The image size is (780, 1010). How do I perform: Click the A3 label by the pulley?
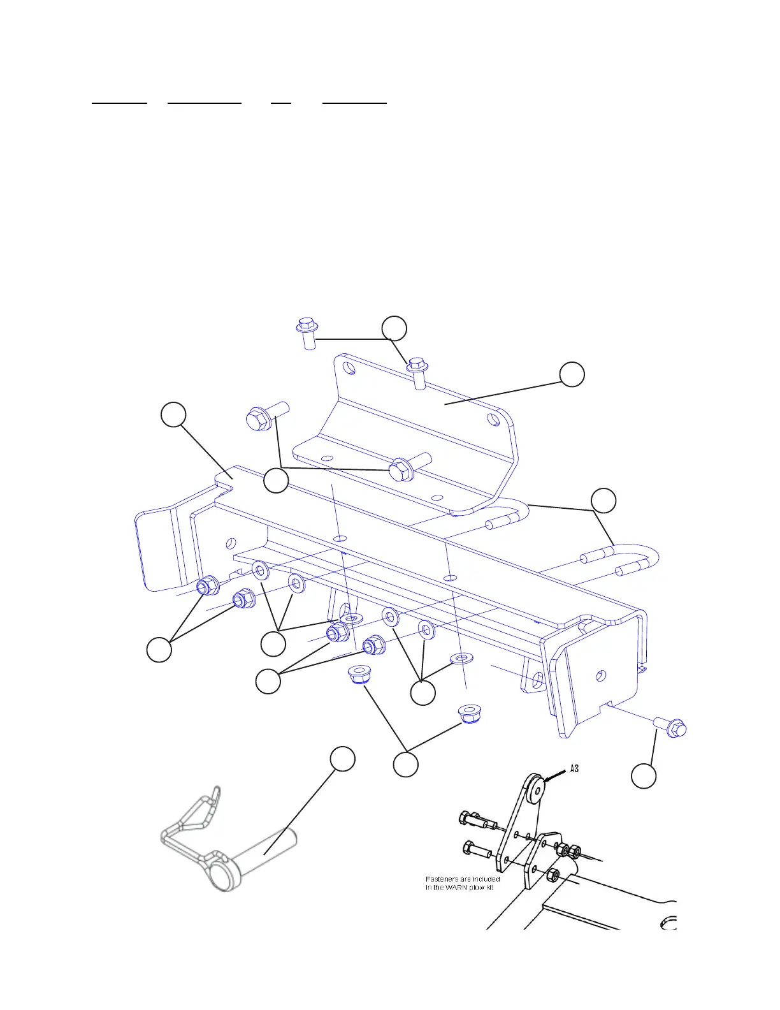(574, 768)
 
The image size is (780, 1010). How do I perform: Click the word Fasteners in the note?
(442, 879)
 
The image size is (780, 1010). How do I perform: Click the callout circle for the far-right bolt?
(644, 776)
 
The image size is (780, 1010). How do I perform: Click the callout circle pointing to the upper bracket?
(572, 374)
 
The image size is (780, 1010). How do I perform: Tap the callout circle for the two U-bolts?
(603, 501)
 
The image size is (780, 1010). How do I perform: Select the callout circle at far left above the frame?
(173, 414)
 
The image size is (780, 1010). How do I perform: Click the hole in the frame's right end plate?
(600, 676)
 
